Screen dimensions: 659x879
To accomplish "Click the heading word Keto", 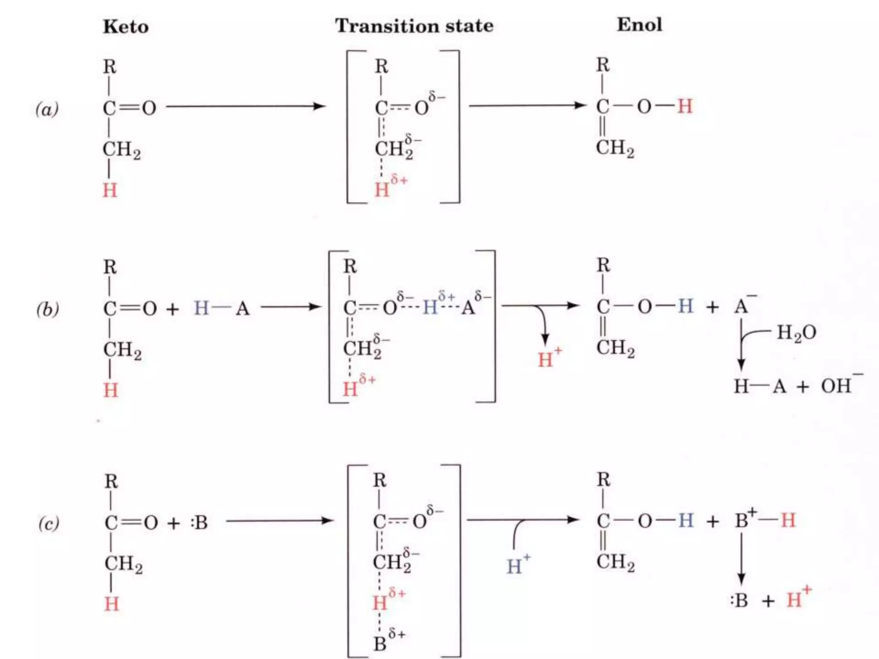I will pos(126,27).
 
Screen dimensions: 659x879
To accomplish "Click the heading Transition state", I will pos(414,26).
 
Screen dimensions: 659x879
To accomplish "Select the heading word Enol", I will pos(639,24).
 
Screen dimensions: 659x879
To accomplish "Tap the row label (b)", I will pos(47,309).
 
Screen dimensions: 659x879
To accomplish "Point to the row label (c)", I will pos(48,523).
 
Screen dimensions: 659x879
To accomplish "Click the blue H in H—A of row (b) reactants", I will pos(201,308).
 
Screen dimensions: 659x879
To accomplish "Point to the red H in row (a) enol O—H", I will pos(685,106).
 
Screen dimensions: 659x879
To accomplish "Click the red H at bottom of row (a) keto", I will pos(110,190).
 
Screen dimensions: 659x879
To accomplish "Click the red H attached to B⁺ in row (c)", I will pos(788,520).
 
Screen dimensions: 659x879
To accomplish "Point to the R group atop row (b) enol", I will pos(603,265).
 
